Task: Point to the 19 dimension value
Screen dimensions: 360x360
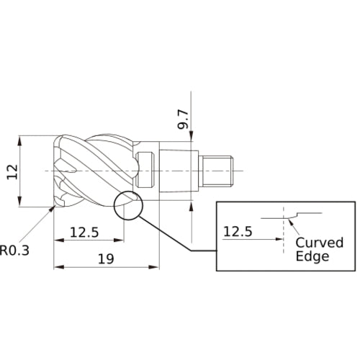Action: point(106,257)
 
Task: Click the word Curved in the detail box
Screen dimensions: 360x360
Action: point(320,242)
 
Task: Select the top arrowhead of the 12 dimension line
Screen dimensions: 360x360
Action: point(22,138)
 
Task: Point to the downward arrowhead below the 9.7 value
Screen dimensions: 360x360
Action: point(192,142)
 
